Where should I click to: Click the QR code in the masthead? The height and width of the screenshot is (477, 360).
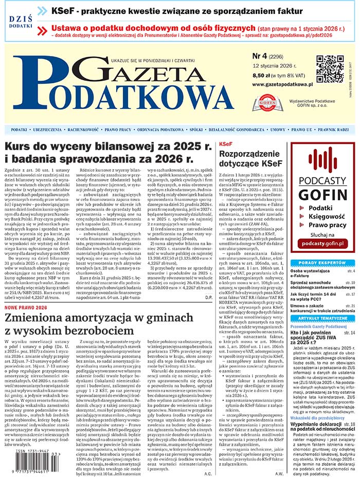pyautogui.click(x=330, y=69)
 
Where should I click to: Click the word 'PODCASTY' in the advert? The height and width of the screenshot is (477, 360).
pyautogui.click(x=323, y=181)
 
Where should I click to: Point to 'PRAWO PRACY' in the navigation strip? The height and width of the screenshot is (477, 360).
pyautogui.click(x=118, y=130)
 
